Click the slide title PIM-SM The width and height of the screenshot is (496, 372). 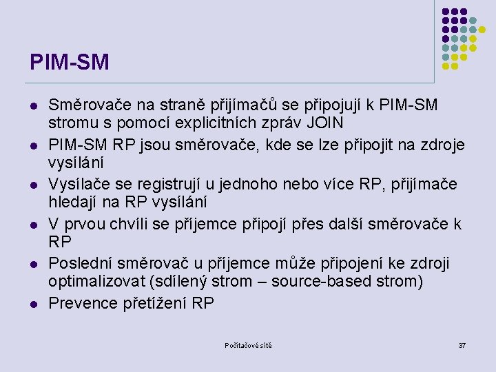(x=70, y=62)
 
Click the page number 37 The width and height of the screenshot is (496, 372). (x=462, y=345)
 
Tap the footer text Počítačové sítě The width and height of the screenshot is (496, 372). (x=248, y=345)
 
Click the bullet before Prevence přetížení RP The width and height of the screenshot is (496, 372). (x=33, y=304)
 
